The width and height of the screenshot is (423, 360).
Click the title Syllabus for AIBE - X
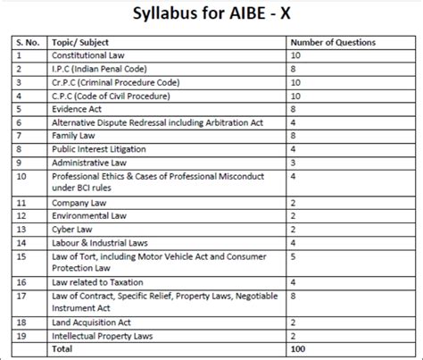click(x=211, y=15)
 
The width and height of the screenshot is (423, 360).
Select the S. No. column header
click(x=28, y=42)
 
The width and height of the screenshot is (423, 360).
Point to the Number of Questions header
click(x=334, y=42)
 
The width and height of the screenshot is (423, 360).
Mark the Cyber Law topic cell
click(x=74, y=229)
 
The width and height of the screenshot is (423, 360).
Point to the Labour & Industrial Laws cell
click(x=99, y=242)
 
